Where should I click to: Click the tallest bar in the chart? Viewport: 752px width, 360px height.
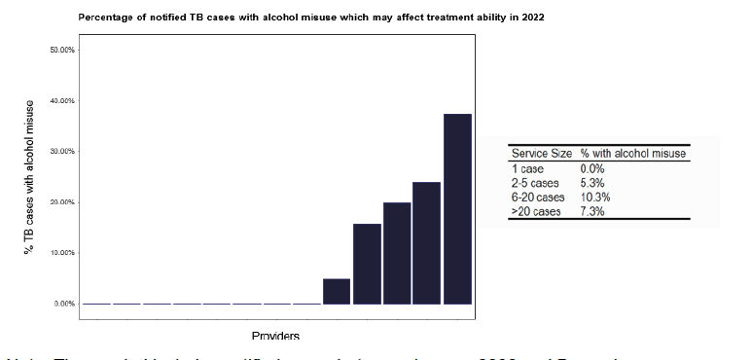click(x=457, y=209)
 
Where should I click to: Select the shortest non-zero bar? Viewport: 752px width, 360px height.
click(x=337, y=291)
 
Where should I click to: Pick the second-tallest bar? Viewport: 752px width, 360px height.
click(x=427, y=243)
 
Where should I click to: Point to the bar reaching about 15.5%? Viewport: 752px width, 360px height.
click(x=367, y=264)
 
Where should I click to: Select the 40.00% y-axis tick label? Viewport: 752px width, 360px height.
click(x=61, y=101)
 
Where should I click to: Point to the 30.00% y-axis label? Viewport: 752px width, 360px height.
click(x=61, y=152)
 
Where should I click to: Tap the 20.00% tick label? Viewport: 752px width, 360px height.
click(x=61, y=202)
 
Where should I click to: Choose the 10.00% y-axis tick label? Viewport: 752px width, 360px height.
click(x=61, y=253)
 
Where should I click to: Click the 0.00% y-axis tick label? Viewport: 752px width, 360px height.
click(x=63, y=304)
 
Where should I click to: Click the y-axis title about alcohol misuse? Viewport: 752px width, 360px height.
click(x=30, y=177)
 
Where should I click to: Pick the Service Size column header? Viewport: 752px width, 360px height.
click(x=542, y=154)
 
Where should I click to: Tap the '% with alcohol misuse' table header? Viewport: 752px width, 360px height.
click(x=633, y=154)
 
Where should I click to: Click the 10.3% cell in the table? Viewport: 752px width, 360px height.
click(x=592, y=198)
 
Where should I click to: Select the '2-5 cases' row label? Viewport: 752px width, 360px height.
click(x=535, y=183)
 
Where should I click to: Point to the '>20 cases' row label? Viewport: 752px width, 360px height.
click(x=536, y=212)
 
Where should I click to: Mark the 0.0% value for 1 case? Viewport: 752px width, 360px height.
click(x=592, y=168)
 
